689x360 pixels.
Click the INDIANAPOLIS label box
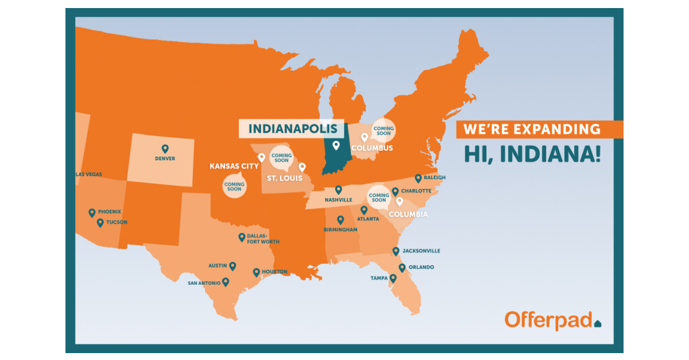coord(291,129)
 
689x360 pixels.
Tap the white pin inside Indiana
coord(336,145)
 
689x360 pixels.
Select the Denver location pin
coord(165,149)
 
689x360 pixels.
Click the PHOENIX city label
coord(109,212)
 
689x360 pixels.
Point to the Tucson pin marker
coord(100,223)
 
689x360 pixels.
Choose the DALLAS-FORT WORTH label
coord(263,239)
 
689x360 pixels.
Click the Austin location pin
coord(233,266)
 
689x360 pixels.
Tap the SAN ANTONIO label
coord(204,283)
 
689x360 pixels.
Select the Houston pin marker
coord(256,272)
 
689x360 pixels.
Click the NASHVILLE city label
coord(338,200)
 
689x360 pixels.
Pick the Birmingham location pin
coord(340,219)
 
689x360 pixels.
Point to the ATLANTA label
coord(367,219)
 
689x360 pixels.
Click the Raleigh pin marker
coord(418,178)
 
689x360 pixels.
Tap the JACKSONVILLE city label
coord(421,251)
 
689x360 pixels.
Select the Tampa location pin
coord(393,278)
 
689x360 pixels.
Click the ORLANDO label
coord(421,268)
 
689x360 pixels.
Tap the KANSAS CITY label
coord(234,167)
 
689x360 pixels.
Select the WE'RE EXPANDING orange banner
coord(539,129)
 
